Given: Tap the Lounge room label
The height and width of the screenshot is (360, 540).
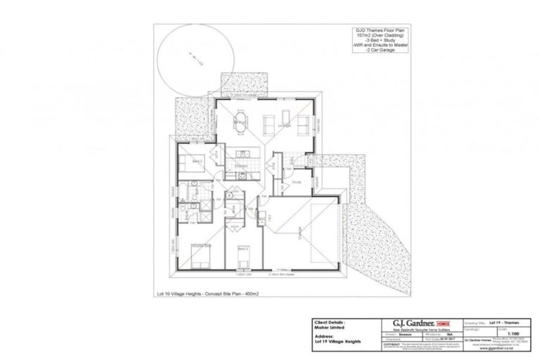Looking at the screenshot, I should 285,127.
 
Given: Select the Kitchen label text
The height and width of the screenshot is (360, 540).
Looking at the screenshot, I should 240,167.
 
